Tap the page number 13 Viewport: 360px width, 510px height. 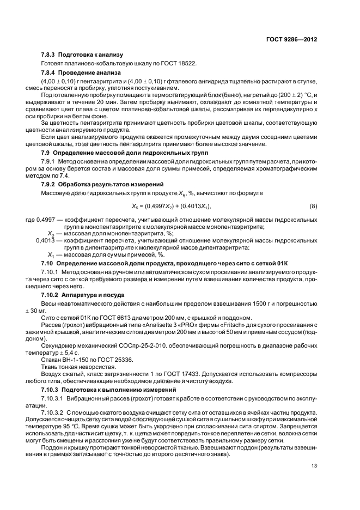pos(314,465)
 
